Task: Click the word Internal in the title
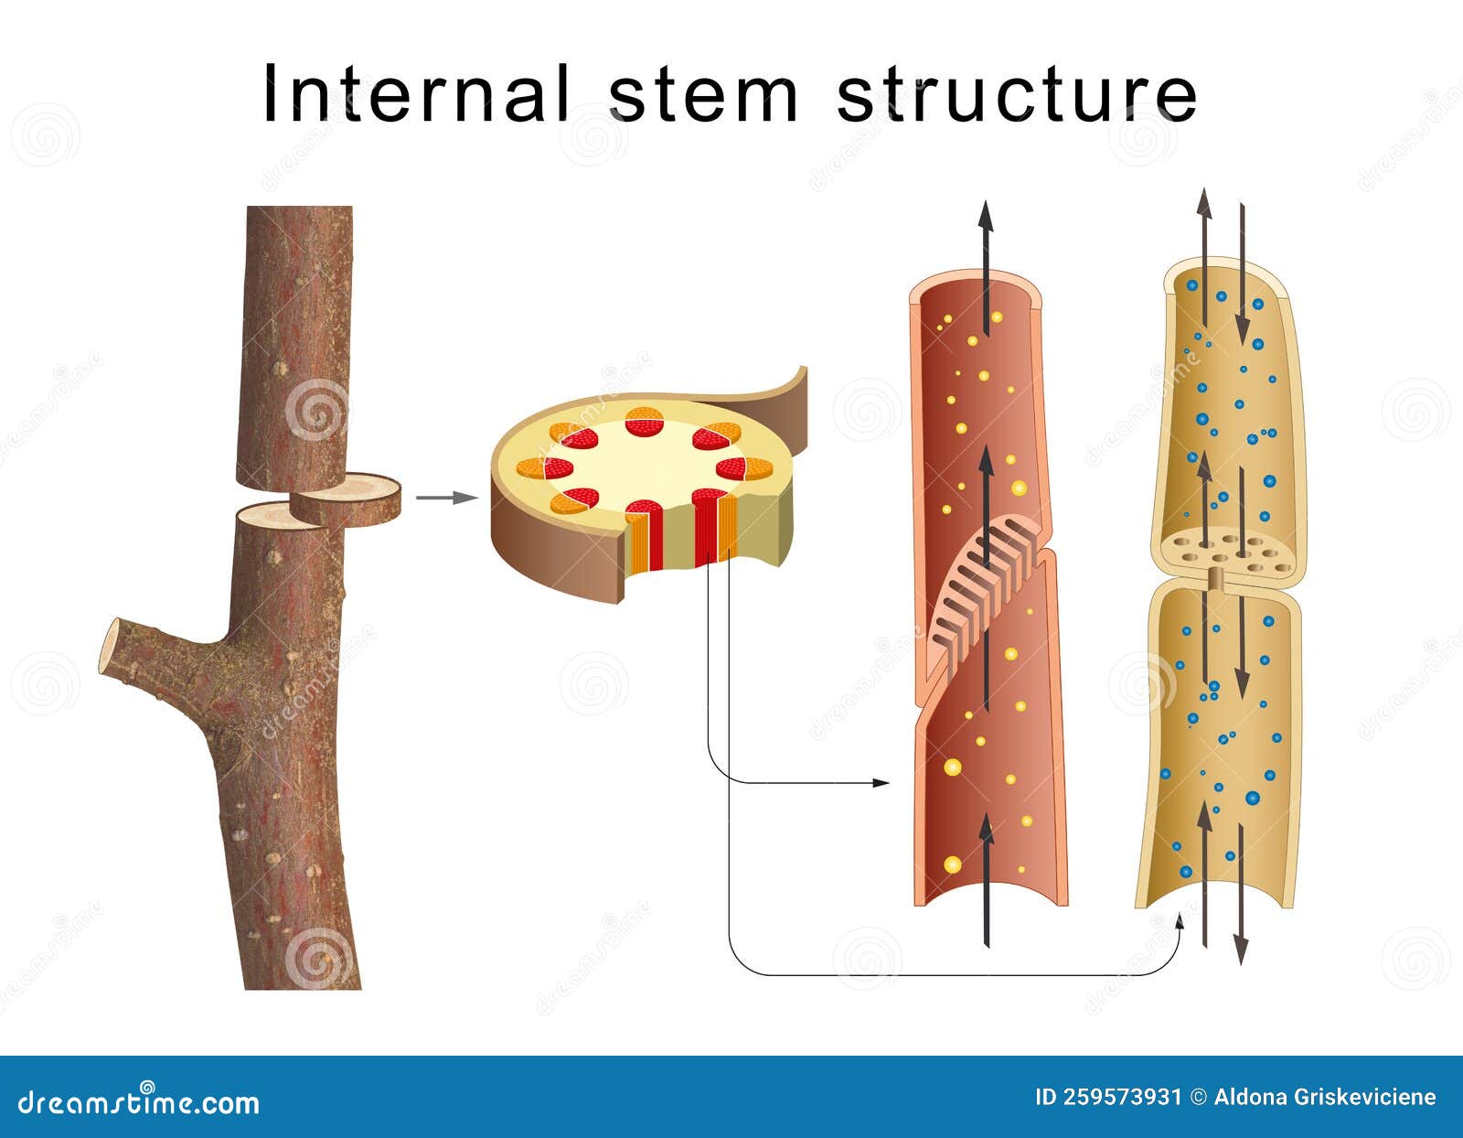(x=416, y=94)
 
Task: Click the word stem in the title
(x=702, y=94)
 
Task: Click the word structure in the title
(x=1017, y=94)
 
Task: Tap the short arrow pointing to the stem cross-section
(x=446, y=498)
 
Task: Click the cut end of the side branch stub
(x=110, y=648)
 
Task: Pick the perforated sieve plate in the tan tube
(x=1225, y=551)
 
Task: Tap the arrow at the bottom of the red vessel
(x=986, y=878)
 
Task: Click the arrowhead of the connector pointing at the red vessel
(x=882, y=783)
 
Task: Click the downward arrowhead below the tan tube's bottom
(x=1241, y=953)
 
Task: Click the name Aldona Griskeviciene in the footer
(x=1325, y=1097)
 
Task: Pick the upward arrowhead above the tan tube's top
(x=1204, y=201)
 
